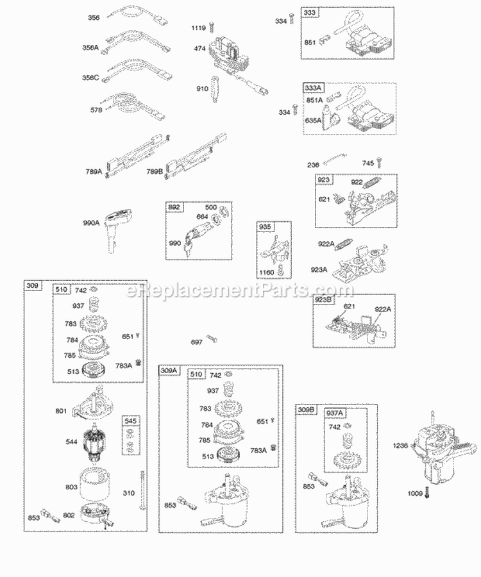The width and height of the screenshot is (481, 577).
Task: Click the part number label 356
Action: coord(94,18)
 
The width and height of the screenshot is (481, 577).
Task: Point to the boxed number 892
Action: coord(174,208)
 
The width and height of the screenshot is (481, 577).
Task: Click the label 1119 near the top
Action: coord(199,28)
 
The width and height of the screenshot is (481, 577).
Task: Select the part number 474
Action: coord(199,48)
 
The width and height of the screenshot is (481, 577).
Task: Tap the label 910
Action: coord(202,88)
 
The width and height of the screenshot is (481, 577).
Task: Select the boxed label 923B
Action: coord(323,300)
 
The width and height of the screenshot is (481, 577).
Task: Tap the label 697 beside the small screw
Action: coord(197,342)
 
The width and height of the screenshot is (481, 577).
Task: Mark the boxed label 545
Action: coord(130,421)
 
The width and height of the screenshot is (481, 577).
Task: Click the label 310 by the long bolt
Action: coord(129,494)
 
